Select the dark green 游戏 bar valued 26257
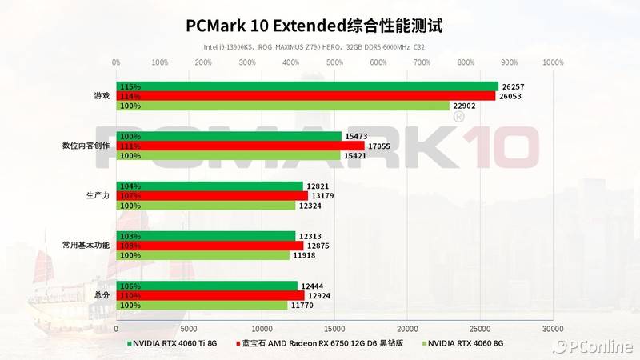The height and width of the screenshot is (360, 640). [x=307, y=86]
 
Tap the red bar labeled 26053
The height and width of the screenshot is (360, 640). [x=306, y=96]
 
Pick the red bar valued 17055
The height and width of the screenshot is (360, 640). [x=240, y=146]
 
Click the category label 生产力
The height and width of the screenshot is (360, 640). [x=97, y=195]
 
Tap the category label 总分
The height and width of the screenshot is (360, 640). [x=102, y=295]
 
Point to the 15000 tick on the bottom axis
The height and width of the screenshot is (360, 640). [x=334, y=328]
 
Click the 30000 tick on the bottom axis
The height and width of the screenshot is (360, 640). [x=553, y=328]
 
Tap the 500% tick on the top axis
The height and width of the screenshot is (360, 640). [x=334, y=62]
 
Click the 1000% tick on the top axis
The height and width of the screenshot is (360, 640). [x=553, y=62]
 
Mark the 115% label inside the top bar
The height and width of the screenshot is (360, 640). [x=130, y=86]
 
